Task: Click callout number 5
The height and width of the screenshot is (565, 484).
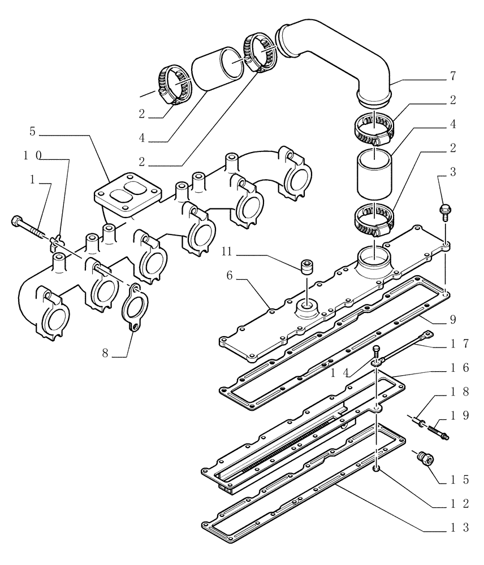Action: coord(32,132)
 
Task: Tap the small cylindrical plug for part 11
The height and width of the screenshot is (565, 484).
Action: coord(307,266)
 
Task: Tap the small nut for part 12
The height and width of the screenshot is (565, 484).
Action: coord(377,470)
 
